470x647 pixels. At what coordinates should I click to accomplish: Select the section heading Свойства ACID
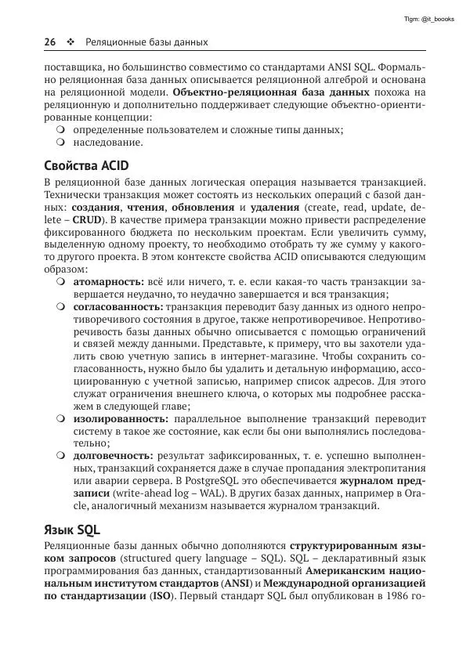pyautogui.click(x=86, y=166)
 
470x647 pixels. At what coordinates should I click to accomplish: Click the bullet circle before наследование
pyautogui.click(x=60, y=143)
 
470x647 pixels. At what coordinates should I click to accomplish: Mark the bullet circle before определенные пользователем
pyautogui.click(x=60, y=129)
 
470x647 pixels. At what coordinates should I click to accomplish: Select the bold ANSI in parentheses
pyautogui.click(x=233, y=584)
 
